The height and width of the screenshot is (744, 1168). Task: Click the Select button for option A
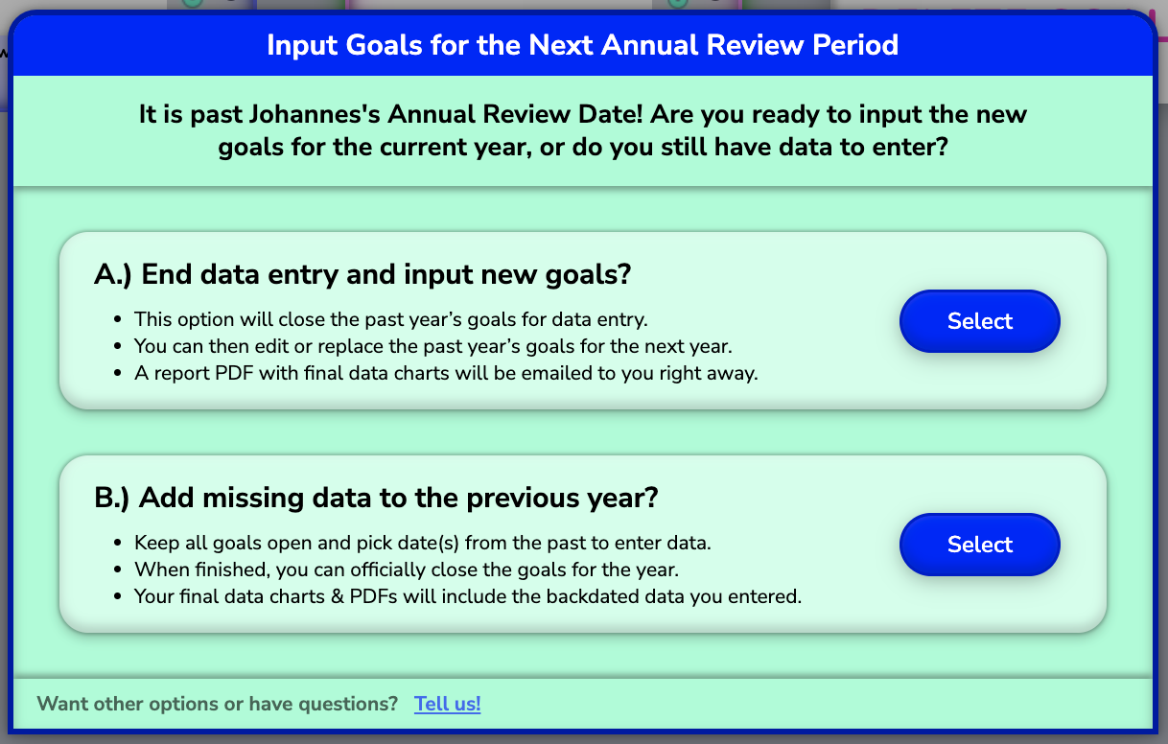[x=980, y=321]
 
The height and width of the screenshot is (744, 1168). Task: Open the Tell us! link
[x=448, y=704]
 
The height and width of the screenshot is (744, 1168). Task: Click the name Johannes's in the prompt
[x=314, y=115]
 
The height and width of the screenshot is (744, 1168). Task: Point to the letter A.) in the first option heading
[x=112, y=275]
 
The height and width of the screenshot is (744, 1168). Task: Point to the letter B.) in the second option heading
[x=111, y=498]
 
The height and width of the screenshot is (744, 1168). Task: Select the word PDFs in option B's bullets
[x=373, y=596]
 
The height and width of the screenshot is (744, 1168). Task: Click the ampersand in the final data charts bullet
[x=338, y=596]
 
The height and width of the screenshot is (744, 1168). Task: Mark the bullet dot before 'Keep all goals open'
[x=117, y=544]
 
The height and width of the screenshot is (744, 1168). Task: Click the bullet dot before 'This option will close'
[x=117, y=319]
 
